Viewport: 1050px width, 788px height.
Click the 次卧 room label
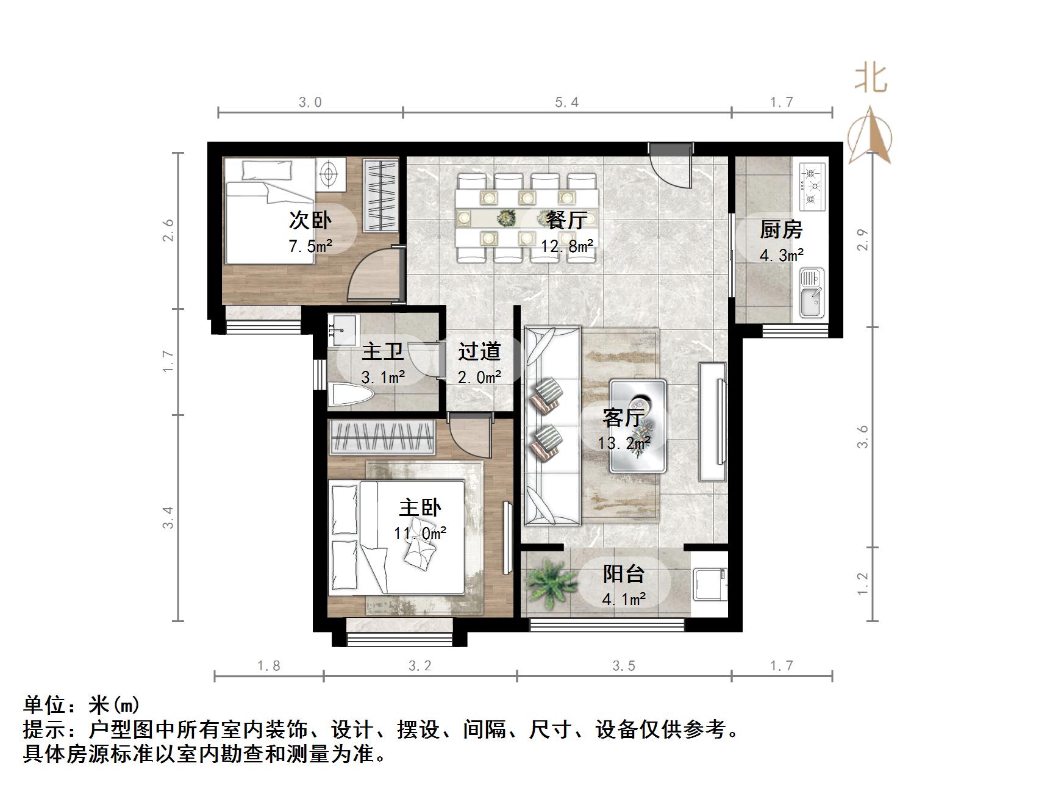(x=310, y=220)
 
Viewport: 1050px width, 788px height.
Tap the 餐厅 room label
(x=566, y=220)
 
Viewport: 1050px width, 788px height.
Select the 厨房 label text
(x=780, y=230)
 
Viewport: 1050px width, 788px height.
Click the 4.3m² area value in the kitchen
(x=781, y=255)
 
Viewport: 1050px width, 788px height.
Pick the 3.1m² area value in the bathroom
(x=383, y=378)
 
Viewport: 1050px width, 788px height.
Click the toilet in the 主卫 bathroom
(x=349, y=395)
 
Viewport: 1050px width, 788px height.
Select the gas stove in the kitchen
(x=812, y=184)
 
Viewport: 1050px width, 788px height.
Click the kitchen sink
(x=811, y=294)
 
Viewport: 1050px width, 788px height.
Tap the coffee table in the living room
(x=638, y=426)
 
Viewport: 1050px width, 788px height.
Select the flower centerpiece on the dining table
(x=505, y=217)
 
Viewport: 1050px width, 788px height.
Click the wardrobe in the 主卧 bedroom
(x=382, y=437)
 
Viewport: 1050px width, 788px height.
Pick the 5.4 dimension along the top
(x=566, y=102)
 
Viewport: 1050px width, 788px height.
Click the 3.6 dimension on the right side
(x=862, y=437)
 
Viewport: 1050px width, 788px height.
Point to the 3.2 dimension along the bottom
(x=420, y=665)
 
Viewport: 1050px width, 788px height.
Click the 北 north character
(x=871, y=79)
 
